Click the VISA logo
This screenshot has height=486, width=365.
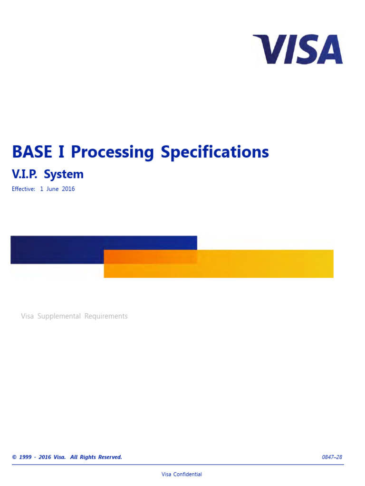298,49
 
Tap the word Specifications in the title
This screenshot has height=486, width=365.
214,152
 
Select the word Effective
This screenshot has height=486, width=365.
23,189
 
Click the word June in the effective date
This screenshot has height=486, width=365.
53,189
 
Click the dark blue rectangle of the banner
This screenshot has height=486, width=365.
57,249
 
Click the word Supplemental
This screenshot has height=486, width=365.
59,316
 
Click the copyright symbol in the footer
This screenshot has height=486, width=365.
14,457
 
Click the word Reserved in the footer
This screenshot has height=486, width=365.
110,457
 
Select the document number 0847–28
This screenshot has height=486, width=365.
332,457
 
